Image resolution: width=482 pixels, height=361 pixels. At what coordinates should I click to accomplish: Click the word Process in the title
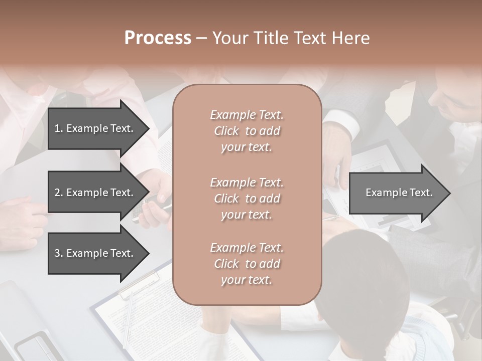[158, 38]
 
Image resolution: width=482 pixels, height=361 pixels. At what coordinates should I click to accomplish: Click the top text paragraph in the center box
[247, 131]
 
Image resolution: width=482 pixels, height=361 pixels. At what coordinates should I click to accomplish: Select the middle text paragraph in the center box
[247, 199]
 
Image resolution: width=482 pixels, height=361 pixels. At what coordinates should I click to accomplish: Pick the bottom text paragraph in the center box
[247, 264]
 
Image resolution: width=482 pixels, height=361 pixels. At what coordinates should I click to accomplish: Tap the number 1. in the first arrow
[59, 128]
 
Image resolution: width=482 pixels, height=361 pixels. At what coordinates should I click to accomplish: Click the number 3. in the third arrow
[59, 253]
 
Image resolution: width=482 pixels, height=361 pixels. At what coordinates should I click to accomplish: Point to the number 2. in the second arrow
[59, 193]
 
